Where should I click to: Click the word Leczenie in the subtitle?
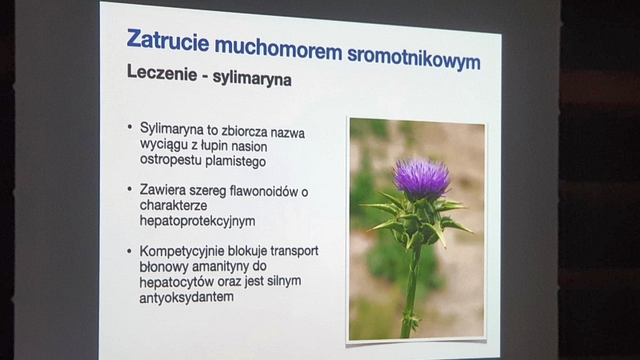click(162, 73)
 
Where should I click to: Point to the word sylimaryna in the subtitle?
click(252, 78)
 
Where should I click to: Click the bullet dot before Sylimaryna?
click(130, 127)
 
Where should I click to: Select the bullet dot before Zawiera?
click(130, 189)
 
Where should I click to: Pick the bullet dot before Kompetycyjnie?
click(130, 250)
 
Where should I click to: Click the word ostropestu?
click(171, 160)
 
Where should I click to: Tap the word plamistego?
click(235, 162)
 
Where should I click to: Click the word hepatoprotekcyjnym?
click(198, 222)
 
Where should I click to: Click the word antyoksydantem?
click(186, 297)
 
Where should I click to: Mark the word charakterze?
click(174, 206)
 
